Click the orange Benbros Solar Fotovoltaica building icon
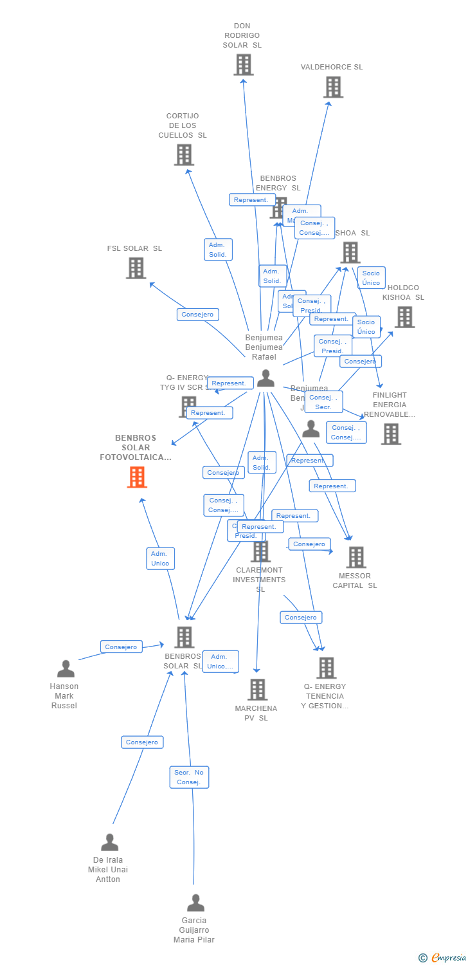(137, 477)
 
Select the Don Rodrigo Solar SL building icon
(243, 65)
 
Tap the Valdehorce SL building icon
(333, 87)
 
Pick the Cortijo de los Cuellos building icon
(184, 155)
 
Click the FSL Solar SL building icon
(136, 268)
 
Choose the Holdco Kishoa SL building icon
(404, 317)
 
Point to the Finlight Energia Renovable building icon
(391, 434)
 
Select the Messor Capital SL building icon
(355, 557)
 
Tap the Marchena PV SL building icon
(257, 690)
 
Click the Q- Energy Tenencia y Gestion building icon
(326, 668)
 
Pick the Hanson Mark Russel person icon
(66, 669)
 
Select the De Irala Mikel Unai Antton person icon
(110, 843)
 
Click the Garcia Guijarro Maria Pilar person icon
(195, 903)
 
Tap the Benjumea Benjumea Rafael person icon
(265, 378)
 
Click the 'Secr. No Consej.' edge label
(190, 777)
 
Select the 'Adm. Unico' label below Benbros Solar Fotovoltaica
(160, 558)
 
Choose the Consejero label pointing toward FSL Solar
(198, 315)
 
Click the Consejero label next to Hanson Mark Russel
(122, 647)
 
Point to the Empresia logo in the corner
(443, 957)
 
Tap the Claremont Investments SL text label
(259, 580)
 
